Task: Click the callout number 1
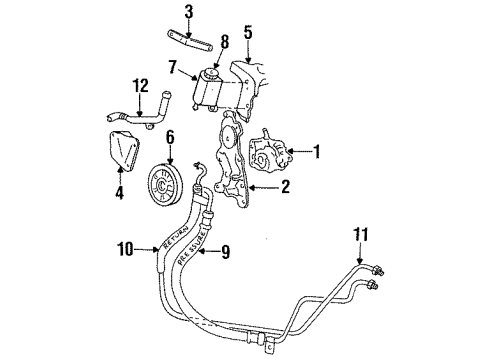point(319,152)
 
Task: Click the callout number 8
point(224,43)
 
